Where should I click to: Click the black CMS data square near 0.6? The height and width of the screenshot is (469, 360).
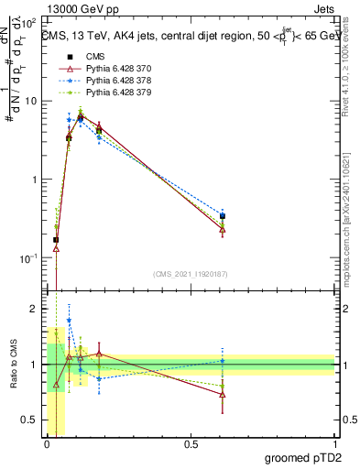223,216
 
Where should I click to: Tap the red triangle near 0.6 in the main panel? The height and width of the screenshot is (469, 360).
223,230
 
